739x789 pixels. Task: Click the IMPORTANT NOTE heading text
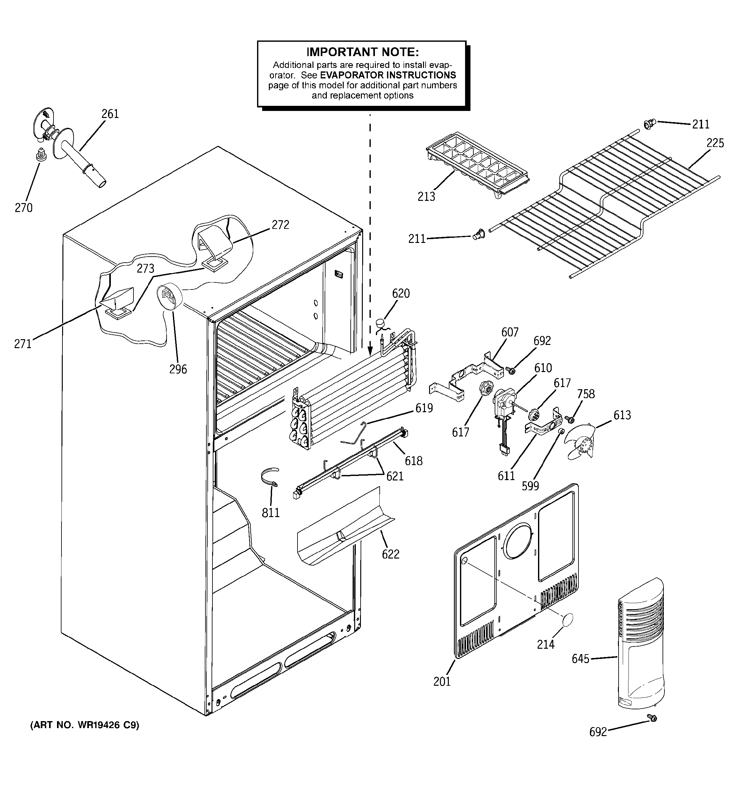click(362, 52)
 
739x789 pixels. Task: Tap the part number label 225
click(715, 143)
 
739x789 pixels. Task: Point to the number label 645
click(580, 659)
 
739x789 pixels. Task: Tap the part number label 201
click(442, 682)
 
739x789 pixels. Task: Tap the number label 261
click(110, 114)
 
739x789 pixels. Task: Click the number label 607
click(510, 332)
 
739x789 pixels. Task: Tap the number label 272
click(280, 225)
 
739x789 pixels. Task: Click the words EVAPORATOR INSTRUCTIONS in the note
click(388, 75)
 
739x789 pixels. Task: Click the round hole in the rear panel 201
click(517, 541)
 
